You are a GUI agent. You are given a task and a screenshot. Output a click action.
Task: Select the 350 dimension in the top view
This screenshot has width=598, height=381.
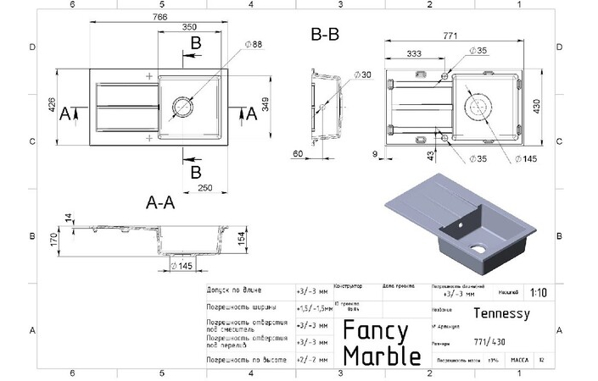191,28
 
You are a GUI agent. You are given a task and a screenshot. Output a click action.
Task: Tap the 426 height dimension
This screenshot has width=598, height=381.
52,106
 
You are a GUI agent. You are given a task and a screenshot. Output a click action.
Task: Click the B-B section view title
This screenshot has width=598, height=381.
326,36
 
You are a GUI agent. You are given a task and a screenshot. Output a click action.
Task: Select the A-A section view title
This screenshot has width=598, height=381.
160,203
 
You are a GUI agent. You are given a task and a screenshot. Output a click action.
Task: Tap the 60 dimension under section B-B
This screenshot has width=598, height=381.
298,153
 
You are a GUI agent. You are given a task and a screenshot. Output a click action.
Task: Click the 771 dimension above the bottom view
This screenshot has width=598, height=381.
450,36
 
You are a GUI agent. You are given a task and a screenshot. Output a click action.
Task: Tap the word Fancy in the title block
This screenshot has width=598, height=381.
376,330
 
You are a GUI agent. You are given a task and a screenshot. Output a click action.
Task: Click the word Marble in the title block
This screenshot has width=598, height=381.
382,354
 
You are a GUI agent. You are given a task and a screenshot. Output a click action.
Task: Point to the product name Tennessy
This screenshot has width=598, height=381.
500,313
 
